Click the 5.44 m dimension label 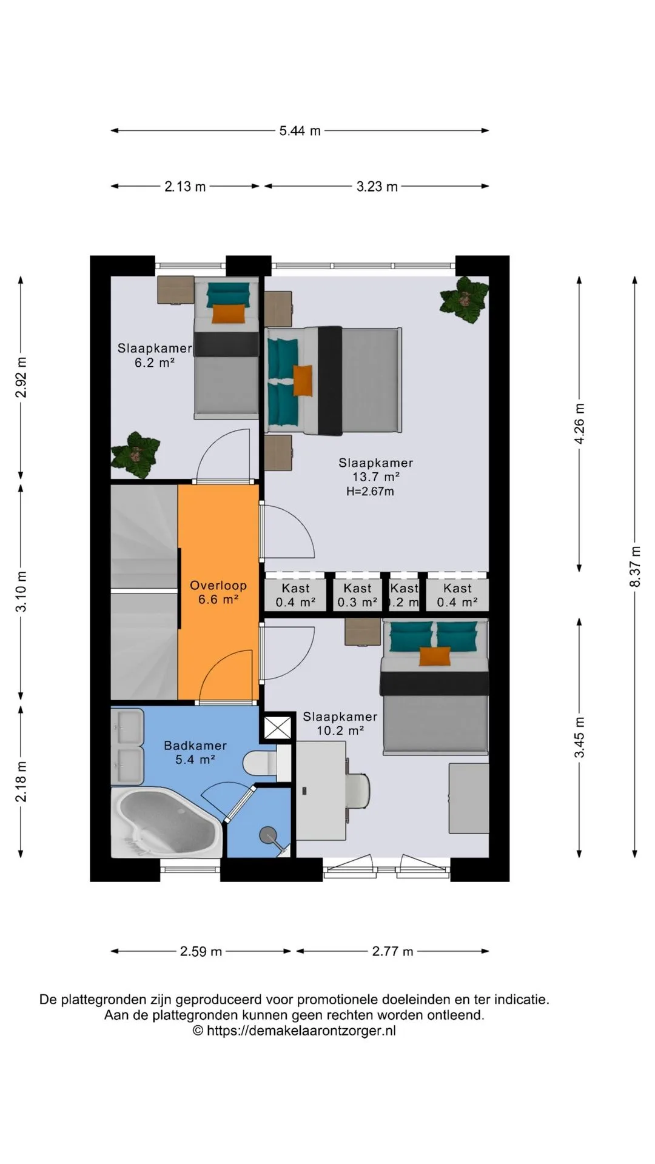[x=300, y=130]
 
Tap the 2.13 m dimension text [x=185, y=187]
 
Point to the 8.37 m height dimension [x=635, y=566]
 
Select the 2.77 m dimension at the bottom [x=393, y=951]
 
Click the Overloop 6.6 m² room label [x=218, y=592]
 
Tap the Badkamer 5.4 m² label [x=195, y=752]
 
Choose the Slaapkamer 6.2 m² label [x=155, y=355]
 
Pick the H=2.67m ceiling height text [x=370, y=492]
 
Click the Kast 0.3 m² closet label [x=357, y=595]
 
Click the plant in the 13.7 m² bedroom [x=464, y=299]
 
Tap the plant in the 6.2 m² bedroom [x=135, y=454]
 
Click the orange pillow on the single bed [x=229, y=313]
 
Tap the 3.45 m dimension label [x=579, y=737]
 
